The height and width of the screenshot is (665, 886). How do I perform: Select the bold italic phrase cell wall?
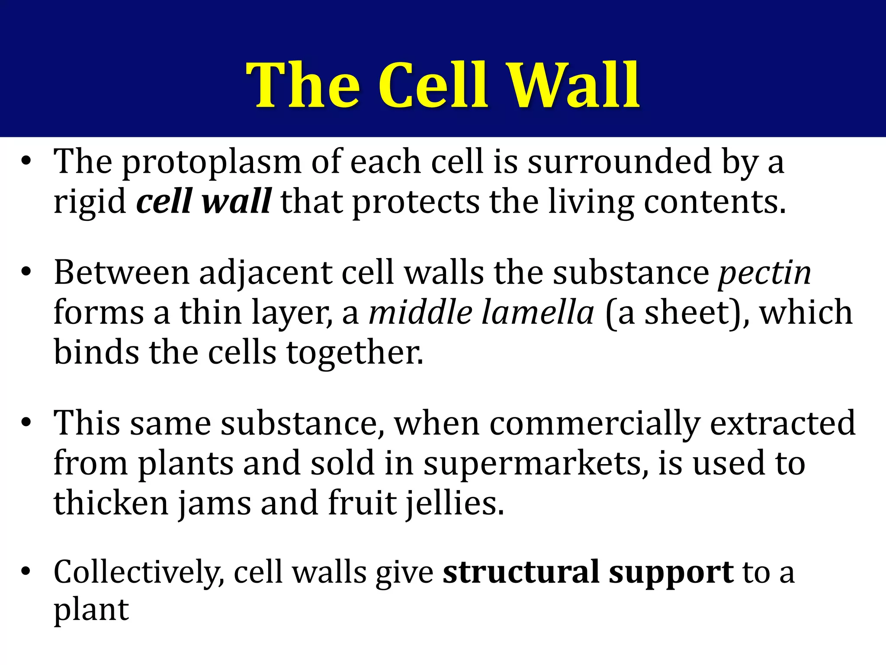[204, 201]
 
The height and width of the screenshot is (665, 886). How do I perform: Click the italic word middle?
[420, 313]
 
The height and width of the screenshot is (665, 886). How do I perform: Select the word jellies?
[455, 503]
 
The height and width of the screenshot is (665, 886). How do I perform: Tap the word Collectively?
[138, 572]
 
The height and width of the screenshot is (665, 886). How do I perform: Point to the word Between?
[122, 274]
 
